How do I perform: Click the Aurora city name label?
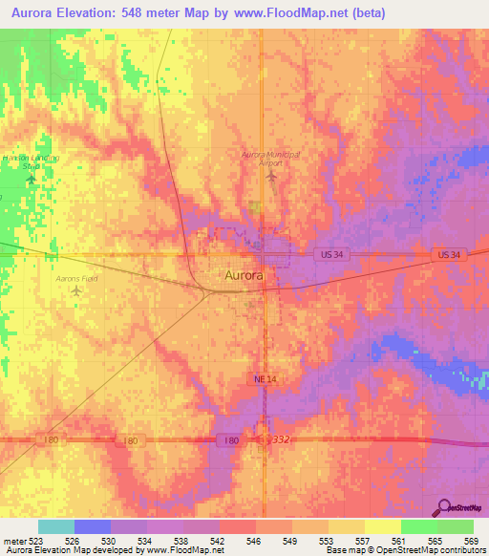coord(244,276)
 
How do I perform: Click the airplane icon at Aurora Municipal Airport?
coord(271,177)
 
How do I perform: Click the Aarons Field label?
coord(76,278)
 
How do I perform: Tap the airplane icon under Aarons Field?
coord(76,290)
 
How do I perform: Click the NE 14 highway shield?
coord(266,379)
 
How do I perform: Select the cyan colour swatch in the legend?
coord(55,526)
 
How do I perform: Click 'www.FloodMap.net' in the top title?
coord(309,14)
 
